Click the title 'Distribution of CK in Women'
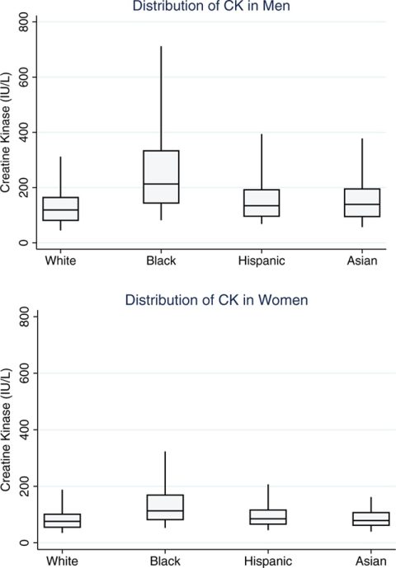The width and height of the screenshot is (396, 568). pyautogui.click(x=217, y=300)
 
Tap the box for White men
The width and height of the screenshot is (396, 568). pyautogui.click(x=60, y=209)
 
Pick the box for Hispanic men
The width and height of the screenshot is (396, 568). pyautogui.click(x=262, y=203)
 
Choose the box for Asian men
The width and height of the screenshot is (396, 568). pyautogui.click(x=362, y=202)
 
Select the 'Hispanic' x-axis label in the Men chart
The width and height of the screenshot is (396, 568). pyautogui.click(x=262, y=261)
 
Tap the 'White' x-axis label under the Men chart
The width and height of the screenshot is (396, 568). pyautogui.click(x=60, y=261)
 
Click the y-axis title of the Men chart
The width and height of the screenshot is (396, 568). pyautogui.click(x=7, y=132)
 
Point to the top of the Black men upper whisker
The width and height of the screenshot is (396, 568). pyautogui.click(x=161, y=47)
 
